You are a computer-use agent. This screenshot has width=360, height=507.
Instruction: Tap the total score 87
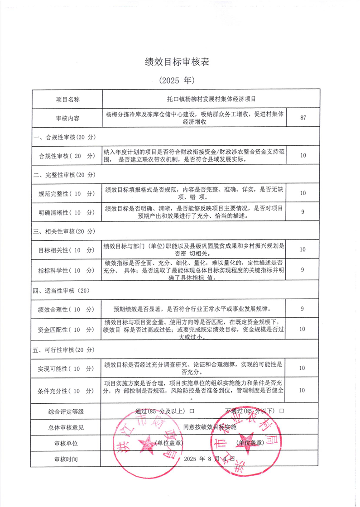pos(303,118)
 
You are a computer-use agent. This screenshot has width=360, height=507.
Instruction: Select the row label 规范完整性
pos(67,193)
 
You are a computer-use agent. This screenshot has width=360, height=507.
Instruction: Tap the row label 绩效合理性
pos(67,310)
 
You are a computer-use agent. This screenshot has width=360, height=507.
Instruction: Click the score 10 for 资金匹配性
pos(302,329)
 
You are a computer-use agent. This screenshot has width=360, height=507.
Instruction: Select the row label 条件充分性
pos(67,391)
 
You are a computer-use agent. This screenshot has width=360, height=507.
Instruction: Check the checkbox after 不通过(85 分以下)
pos(282,411)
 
